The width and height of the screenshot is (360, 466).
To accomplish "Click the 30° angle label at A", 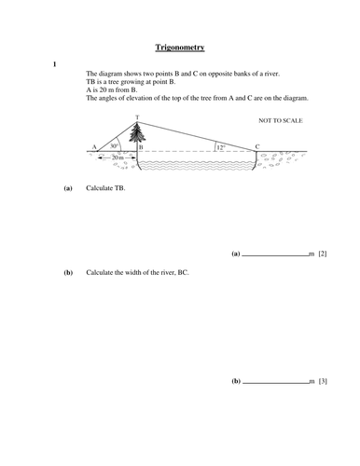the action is point(114,145).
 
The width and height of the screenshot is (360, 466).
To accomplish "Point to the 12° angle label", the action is point(220,146).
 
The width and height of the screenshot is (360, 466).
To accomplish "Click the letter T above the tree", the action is point(137,117).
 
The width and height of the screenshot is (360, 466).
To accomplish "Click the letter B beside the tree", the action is point(141,147).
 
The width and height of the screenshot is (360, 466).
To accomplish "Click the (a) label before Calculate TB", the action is point(67,189).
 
